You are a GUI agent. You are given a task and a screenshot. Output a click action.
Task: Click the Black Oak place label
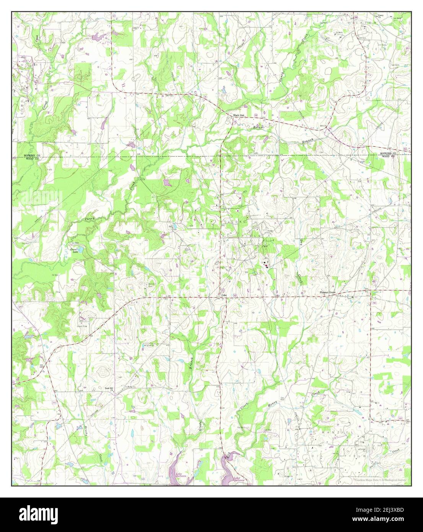tap(239, 115)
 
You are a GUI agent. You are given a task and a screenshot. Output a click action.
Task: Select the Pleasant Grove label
tap(328, 293)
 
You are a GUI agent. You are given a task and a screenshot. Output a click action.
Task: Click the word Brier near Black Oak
tap(257, 127)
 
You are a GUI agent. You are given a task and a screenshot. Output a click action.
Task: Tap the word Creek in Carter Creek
tap(395, 452)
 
